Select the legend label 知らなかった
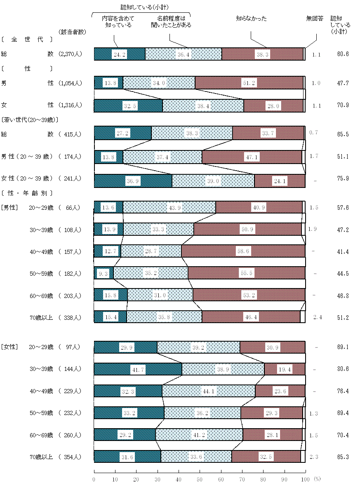251,19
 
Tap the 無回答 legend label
315,19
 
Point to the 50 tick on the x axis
200,479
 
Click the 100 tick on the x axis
305,479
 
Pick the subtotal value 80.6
342,369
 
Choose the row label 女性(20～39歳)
27,178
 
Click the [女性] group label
10,347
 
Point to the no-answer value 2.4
317,318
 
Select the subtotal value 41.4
342,251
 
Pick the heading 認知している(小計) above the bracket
141,7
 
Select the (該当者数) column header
72,32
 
